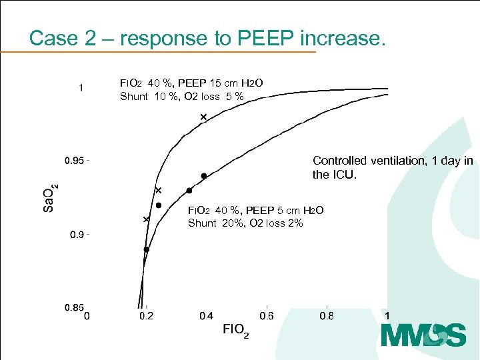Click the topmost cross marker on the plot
click(203, 117)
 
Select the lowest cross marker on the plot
click(146, 219)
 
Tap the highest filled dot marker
click(204, 176)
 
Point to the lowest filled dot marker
click(146, 249)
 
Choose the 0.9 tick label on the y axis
click(77, 235)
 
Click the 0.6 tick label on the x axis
click(267, 315)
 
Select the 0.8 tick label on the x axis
click(327, 315)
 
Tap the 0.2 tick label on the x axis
click(146, 315)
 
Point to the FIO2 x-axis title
click(235, 330)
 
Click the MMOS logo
click(423, 335)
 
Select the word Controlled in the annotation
click(339, 161)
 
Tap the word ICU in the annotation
click(347, 175)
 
